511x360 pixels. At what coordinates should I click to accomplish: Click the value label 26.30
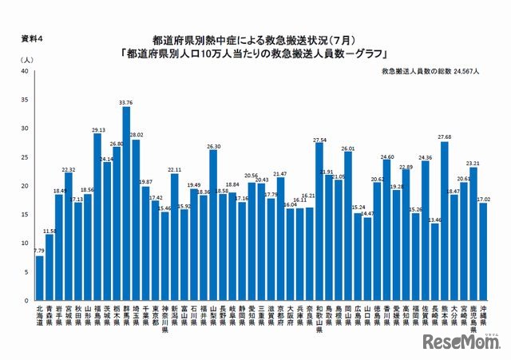[213, 146]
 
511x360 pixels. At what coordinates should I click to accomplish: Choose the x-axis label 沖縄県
[484, 315]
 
